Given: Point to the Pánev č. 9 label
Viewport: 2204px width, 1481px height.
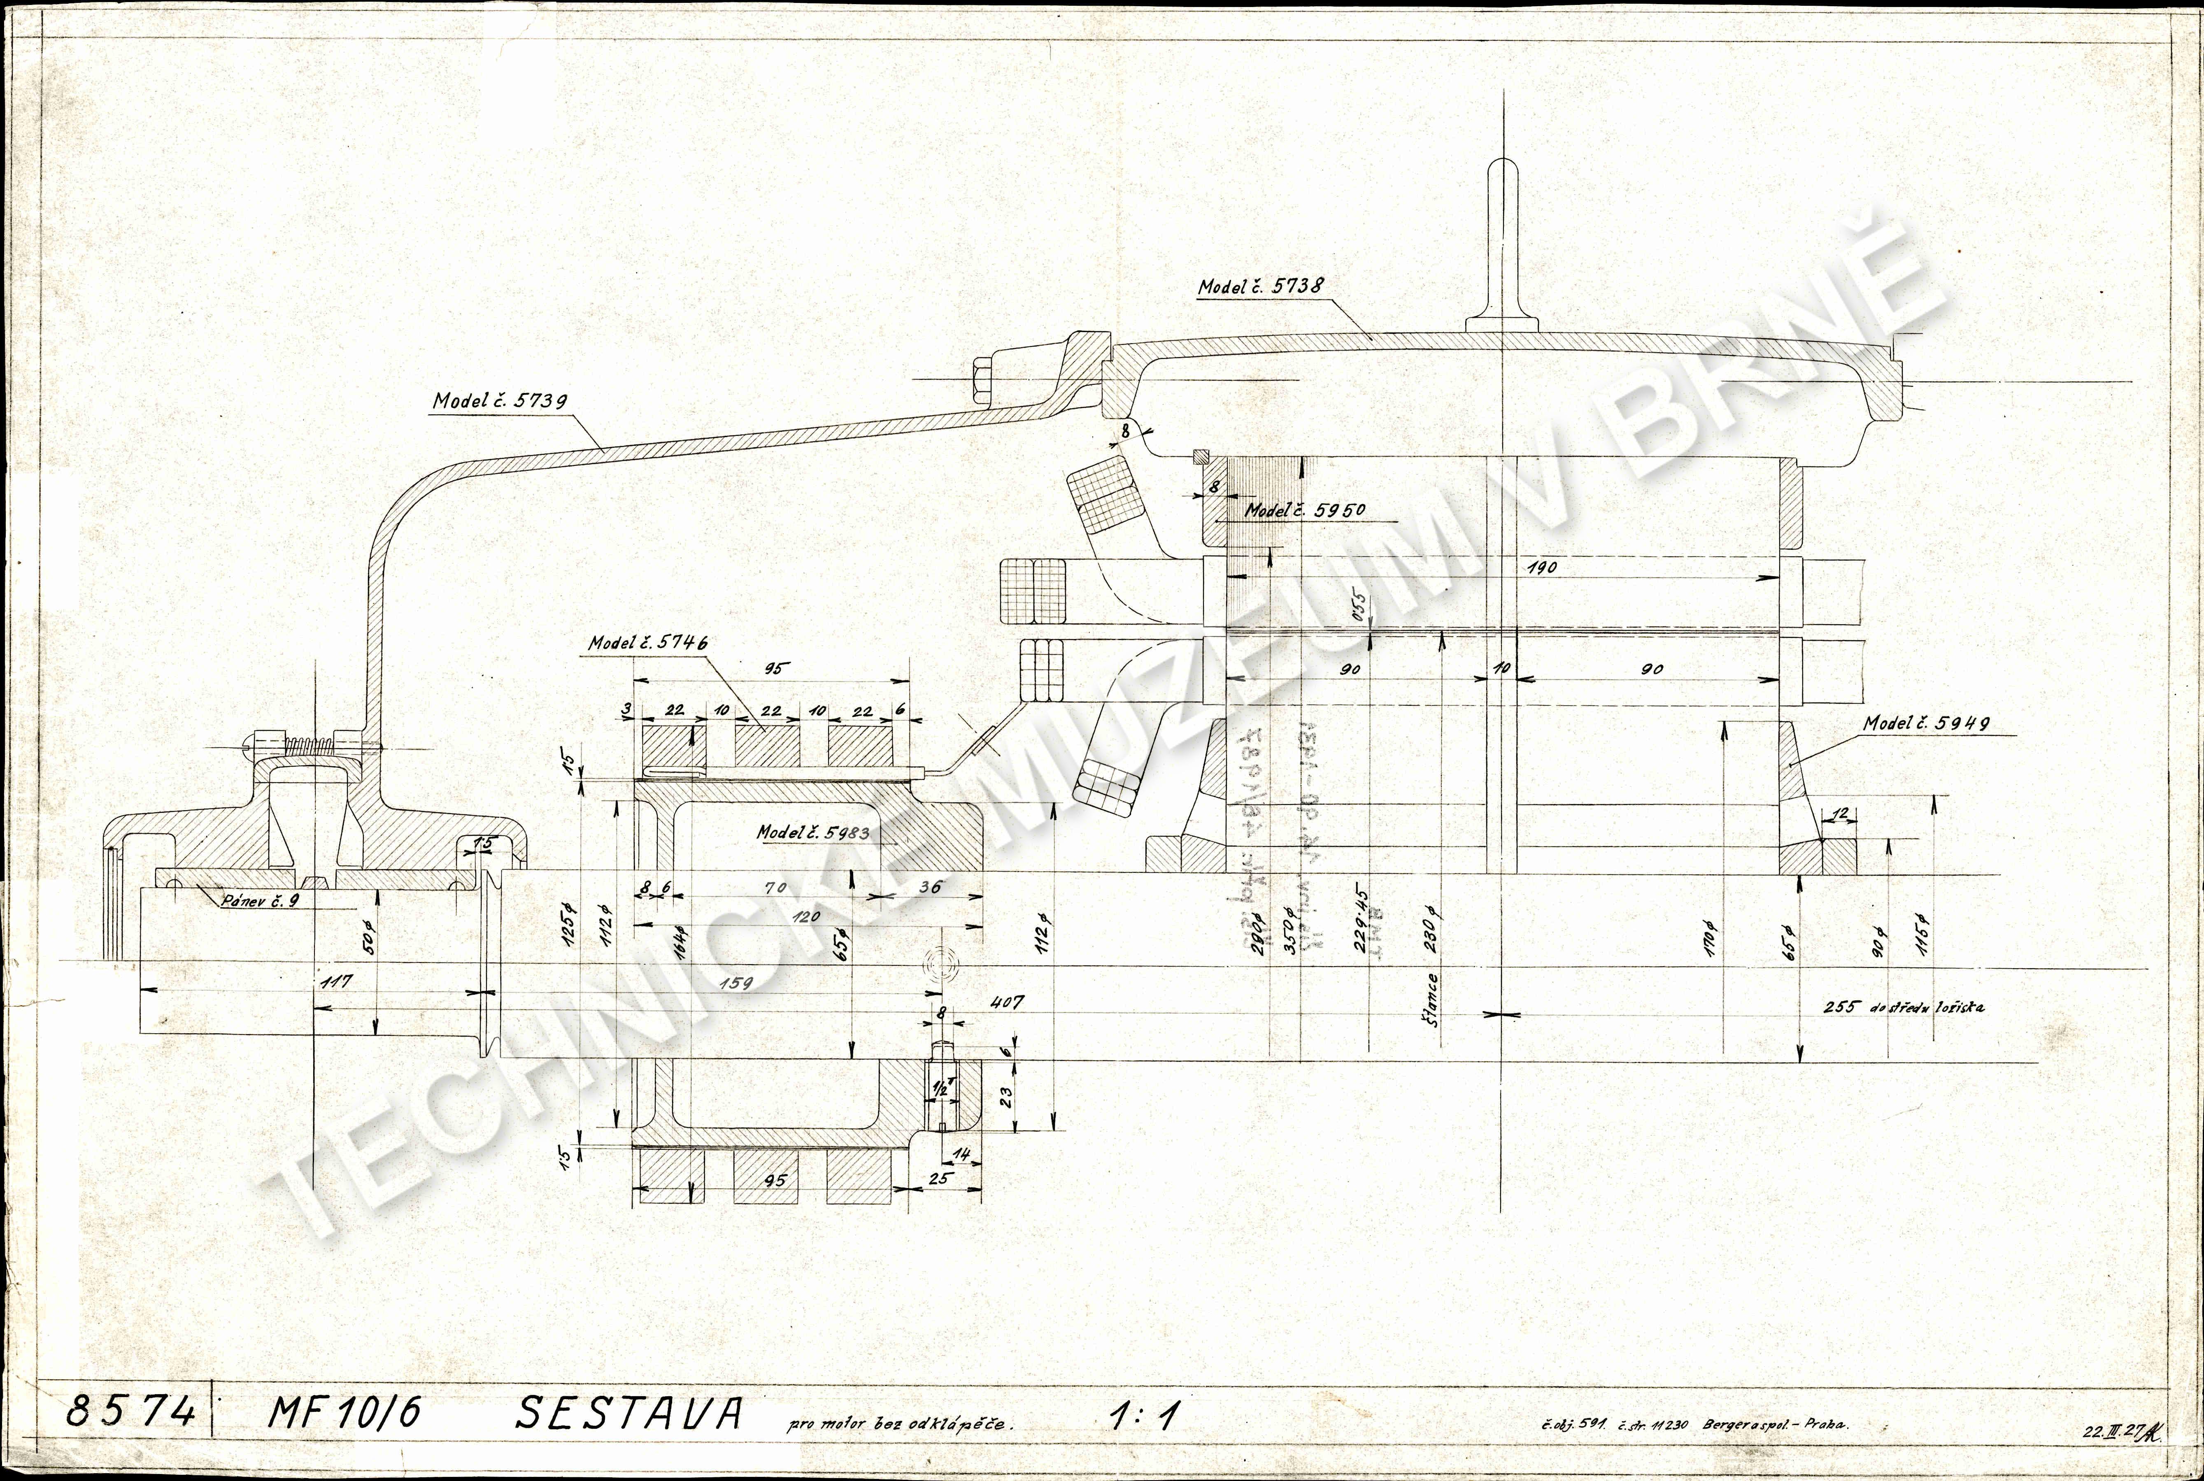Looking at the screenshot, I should [x=260, y=900].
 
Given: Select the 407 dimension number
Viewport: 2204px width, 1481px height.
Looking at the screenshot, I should [x=1007, y=1002].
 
